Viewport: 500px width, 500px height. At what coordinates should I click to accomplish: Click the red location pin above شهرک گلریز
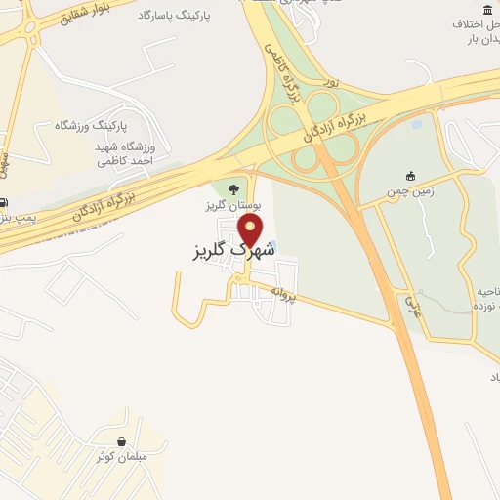pyautogui.click(x=251, y=229)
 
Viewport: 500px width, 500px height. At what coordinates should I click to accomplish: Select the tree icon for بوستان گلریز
pyautogui.click(x=232, y=189)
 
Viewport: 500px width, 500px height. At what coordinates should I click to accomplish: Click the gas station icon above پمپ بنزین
pyautogui.click(x=4, y=202)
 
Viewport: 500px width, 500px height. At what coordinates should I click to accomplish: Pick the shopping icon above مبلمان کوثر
pyautogui.click(x=120, y=441)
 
